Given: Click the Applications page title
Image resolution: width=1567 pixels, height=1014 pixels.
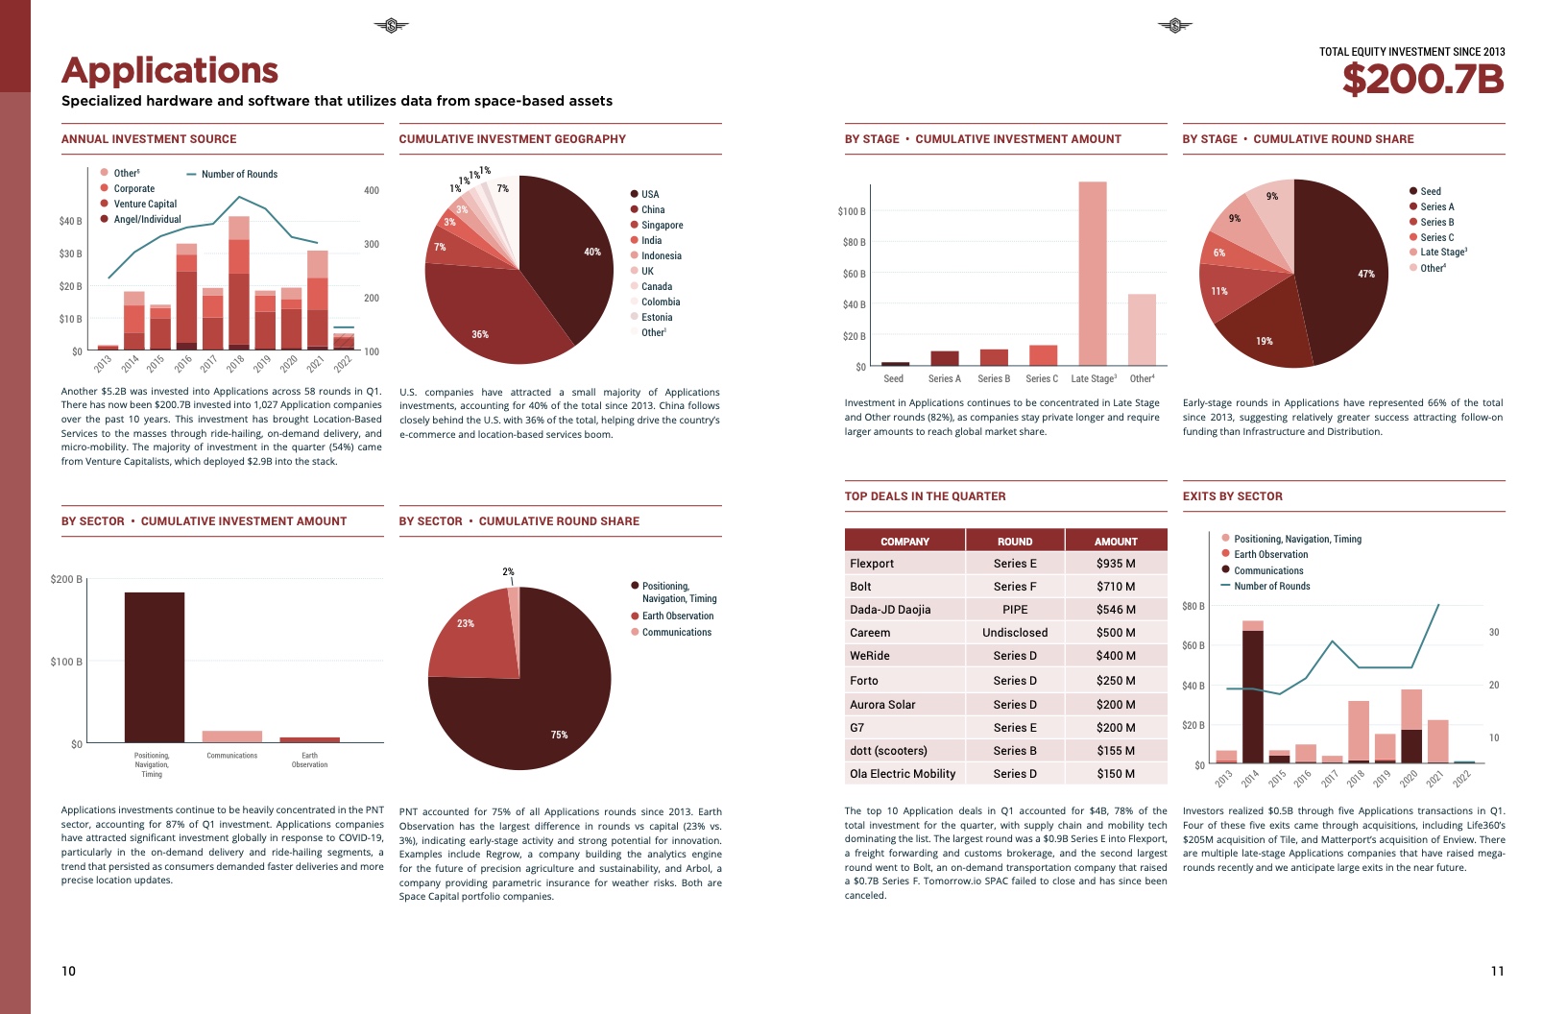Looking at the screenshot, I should (170, 71).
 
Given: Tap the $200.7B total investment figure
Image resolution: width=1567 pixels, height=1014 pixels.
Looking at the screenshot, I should (1422, 80).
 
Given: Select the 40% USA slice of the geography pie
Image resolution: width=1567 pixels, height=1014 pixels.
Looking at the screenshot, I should (567, 259).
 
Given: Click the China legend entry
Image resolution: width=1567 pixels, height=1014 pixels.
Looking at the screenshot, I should (653, 209).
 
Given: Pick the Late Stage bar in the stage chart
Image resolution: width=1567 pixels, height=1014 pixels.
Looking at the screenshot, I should (1092, 274).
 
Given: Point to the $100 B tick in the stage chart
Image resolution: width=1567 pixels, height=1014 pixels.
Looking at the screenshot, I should (852, 211).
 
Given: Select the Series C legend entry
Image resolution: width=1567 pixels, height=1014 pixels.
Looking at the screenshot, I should (1436, 237).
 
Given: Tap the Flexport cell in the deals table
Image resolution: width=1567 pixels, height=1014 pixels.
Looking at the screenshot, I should (872, 564).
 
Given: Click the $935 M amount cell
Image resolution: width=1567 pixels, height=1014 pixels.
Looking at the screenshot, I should (1116, 564).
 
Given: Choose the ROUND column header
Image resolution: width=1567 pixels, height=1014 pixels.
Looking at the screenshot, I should (1015, 542).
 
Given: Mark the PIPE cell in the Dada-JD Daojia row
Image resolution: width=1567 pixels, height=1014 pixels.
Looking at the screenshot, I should (1015, 610).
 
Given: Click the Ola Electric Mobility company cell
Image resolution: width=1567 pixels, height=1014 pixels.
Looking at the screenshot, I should (903, 774).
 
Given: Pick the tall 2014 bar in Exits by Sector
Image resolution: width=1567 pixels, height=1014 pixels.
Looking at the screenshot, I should (1252, 695).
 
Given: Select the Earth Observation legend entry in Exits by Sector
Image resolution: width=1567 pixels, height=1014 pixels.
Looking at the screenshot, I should (1270, 554).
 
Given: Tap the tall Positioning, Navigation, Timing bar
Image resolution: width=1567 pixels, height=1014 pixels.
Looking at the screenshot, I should (155, 667).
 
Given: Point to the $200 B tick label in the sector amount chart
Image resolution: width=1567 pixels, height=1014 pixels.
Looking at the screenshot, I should (66, 579).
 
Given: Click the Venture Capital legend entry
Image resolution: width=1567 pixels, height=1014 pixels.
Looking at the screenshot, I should (145, 204).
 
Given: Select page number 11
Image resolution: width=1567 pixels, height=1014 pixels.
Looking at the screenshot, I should (1497, 971).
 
